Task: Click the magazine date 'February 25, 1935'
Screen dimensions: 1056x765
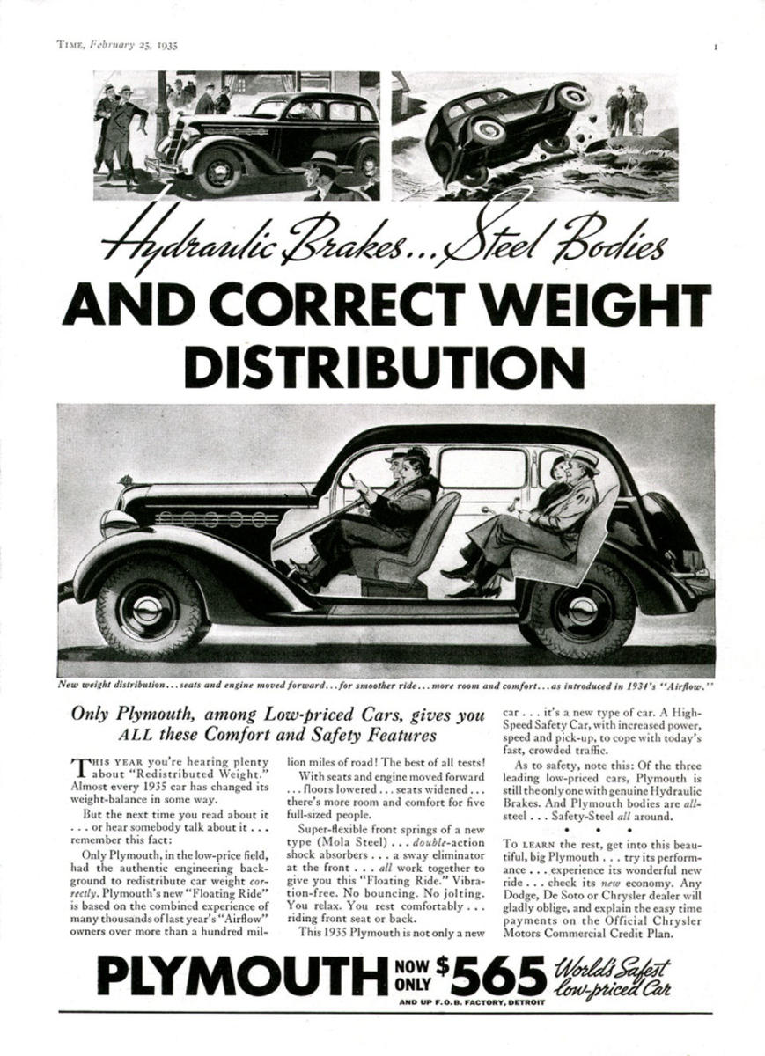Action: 132,46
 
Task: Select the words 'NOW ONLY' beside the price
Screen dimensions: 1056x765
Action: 414,977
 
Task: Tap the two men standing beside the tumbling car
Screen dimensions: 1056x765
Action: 626,110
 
